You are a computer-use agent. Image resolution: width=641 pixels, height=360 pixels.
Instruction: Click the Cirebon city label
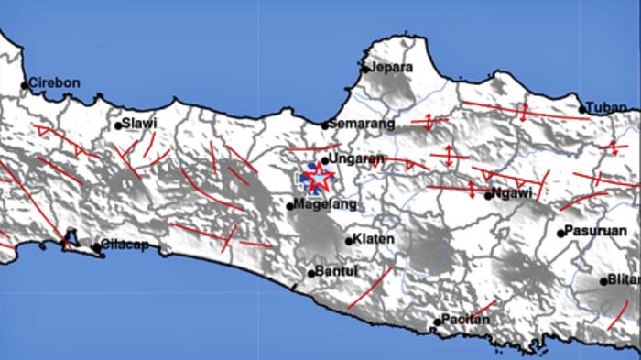55,82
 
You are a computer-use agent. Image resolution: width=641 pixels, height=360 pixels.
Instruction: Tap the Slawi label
140,123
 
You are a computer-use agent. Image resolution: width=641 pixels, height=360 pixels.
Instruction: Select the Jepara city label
392,67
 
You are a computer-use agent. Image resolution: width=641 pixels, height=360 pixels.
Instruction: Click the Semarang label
363,124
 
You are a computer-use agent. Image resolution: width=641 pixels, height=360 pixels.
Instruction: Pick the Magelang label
313,204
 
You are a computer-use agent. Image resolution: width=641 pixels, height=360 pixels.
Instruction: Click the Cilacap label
125,245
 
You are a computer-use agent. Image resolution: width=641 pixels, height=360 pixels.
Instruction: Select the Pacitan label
466,320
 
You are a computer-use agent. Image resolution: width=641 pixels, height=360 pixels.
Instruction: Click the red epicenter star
319,177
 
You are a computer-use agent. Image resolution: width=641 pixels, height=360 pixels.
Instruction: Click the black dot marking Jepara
364,68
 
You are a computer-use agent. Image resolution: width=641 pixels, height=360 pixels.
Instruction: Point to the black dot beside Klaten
349,241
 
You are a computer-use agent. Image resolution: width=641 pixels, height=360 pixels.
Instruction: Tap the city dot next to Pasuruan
560,233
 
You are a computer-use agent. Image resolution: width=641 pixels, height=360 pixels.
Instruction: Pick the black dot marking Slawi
118,125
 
